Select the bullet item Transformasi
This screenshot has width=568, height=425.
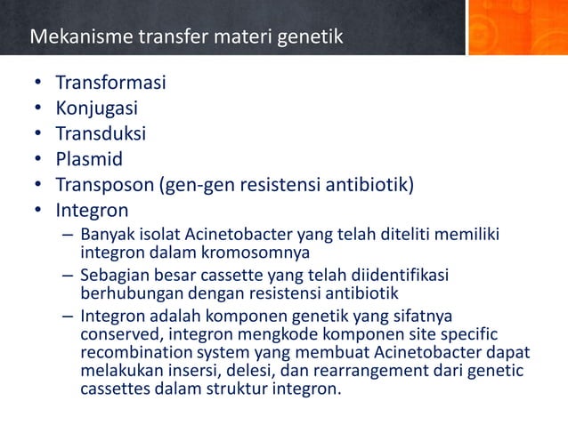click(x=110, y=84)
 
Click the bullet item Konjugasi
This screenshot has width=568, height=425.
click(x=97, y=109)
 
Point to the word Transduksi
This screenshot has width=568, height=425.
click(x=101, y=134)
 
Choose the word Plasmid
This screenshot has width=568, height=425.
click(x=89, y=160)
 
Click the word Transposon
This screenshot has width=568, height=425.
click(x=104, y=185)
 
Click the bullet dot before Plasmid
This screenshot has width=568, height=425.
click(x=38, y=161)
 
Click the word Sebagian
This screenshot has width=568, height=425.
click(x=114, y=276)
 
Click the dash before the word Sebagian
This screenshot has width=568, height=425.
click(x=68, y=276)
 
